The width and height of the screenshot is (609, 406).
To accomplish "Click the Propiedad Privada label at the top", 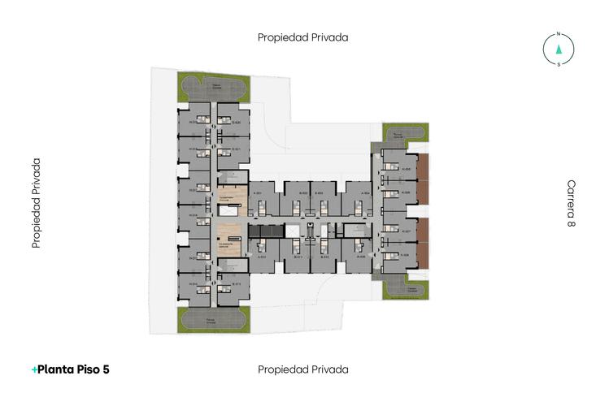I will (x=303, y=37).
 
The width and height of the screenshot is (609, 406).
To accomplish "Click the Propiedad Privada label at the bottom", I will (x=303, y=369).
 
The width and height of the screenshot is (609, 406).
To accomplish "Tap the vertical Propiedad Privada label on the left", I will (x=37, y=203).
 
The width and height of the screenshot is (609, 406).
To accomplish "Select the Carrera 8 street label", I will (x=572, y=203).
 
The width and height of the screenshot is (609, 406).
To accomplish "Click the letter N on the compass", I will (x=559, y=34).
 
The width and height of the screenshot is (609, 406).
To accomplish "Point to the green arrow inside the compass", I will (x=559, y=49).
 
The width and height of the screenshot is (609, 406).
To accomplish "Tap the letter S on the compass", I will (x=559, y=63).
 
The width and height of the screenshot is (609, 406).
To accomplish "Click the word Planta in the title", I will (x=58, y=369).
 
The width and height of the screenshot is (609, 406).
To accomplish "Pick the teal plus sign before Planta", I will (x=33, y=369).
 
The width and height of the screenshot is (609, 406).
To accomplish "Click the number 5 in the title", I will (x=106, y=369).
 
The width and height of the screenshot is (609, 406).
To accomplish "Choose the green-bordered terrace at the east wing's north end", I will (x=404, y=133).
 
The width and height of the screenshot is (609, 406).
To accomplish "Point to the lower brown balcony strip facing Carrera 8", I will (x=422, y=242).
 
